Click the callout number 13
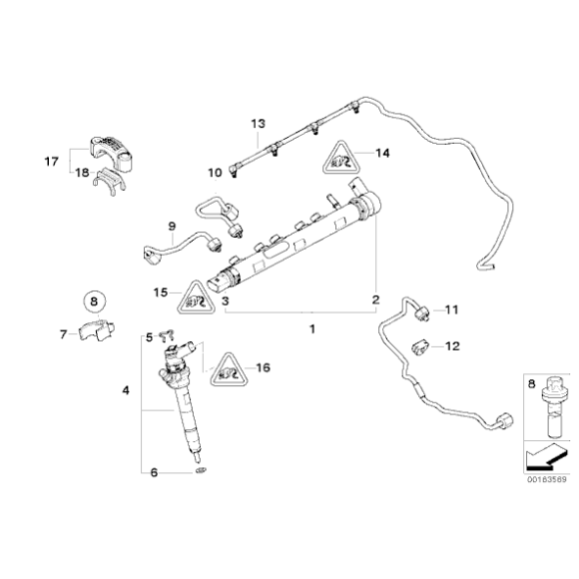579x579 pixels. tap(258, 123)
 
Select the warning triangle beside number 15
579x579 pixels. tap(196, 296)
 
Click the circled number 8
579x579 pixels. tap(92, 300)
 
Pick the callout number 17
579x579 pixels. tap(52, 160)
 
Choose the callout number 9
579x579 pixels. tap(171, 227)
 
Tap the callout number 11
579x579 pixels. tap(450, 310)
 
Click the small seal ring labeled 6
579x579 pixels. tap(200, 468)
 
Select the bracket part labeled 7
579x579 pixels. tap(98, 331)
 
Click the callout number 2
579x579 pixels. tap(375, 299)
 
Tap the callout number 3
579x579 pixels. tap(226, 299)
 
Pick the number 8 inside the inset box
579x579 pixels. tap(532, 381)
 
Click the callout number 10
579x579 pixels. tap(215, 172)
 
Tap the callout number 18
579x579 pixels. tap(82, 172)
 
